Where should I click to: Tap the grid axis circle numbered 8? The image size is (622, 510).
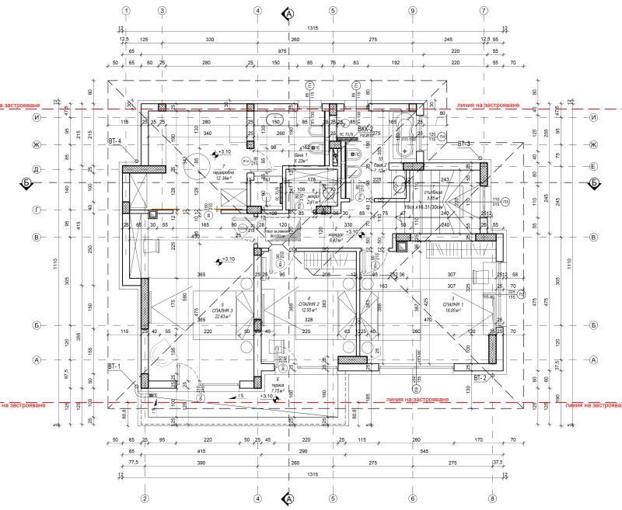point(491,498)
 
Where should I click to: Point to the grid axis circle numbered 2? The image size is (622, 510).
point(144,498)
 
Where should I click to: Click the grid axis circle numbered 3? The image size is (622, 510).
point(162,11)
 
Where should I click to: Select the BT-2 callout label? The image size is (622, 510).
point(480,377)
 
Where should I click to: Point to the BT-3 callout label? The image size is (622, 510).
point(465,144)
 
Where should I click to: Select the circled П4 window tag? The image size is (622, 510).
point(441,137)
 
